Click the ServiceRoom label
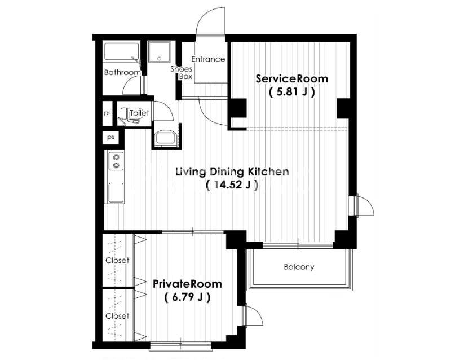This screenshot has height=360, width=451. click(291, 78)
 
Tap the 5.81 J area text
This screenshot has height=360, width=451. click(291, 92)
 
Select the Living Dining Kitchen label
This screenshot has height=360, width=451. click(232, 172)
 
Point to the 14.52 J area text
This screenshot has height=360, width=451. click(232, 185)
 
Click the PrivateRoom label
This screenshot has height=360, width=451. click(187, 284)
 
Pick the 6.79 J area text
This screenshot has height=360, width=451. click(187, 297)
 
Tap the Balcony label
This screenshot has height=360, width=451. click(299, 267)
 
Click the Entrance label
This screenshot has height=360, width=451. click(208, 59)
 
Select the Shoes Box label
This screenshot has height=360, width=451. click(182, 73)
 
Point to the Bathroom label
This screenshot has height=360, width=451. click(122, 72)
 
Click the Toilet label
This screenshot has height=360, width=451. click(139, 113)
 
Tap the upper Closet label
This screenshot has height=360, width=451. click(117, 260)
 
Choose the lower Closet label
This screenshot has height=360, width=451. click(117, 316)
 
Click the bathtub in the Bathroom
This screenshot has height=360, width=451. click(122, 51)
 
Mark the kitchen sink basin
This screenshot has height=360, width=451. click(116, 192)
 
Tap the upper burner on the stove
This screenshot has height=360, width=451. click(116, 157)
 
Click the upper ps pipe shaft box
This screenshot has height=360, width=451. click(107, 113)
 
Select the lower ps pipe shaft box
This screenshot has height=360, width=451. click(110, 137)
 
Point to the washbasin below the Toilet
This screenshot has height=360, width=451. click(166, 138)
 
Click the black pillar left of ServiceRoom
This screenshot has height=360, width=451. click(238, 108)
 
